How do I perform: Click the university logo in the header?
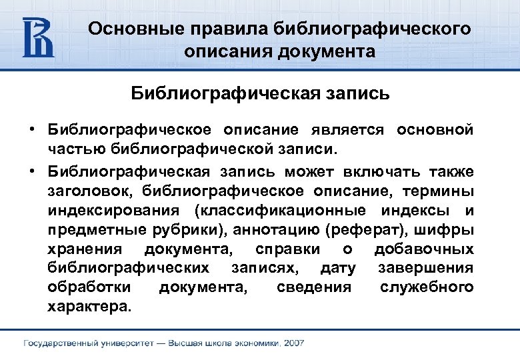pos(38,37)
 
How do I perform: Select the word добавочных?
pos(424,249)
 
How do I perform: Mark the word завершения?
pos(425,268)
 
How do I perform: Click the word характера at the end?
pos(90,307)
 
